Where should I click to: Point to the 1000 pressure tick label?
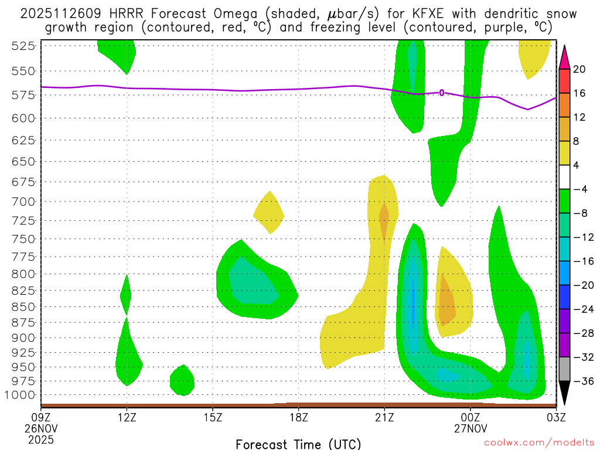(21, 394)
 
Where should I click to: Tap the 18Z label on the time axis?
(298, 417)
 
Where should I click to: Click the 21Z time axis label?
(384, 417)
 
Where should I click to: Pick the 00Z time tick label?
(471, 417)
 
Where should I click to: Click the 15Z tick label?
(213, 417)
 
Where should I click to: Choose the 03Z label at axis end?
(555, 417)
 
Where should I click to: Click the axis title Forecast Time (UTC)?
(298, 444)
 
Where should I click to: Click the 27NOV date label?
(471, 428)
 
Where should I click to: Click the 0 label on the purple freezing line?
(442, 93)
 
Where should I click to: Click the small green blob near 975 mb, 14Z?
(182, 380)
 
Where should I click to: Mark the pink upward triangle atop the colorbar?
(564, 54)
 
